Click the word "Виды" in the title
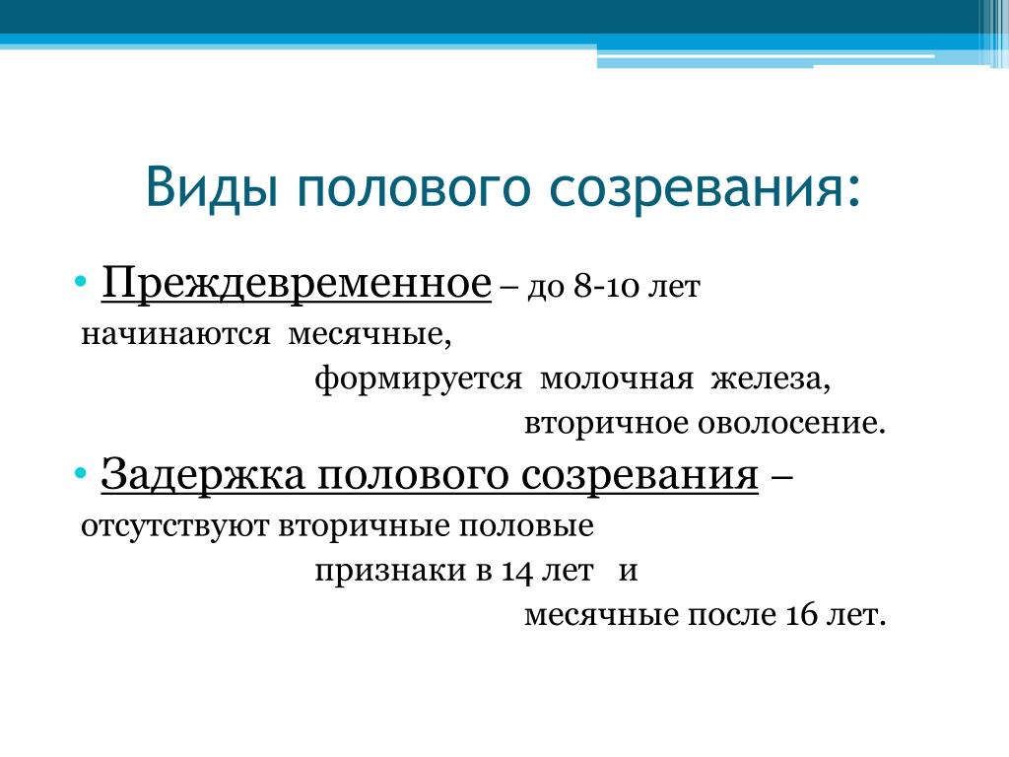click(212, 186)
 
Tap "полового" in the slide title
click(414, 189)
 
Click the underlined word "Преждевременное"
click(296, 283)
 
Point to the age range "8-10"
click(608, 286)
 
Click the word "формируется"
click(418, 379)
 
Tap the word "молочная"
click(617, 379)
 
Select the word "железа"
click(771, 379)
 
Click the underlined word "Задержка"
click(203, 476)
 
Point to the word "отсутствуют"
click(174, 526)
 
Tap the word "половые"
click(526, 526)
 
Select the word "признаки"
click(390, 571)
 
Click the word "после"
click(732, 615)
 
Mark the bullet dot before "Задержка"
click(81, 474)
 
